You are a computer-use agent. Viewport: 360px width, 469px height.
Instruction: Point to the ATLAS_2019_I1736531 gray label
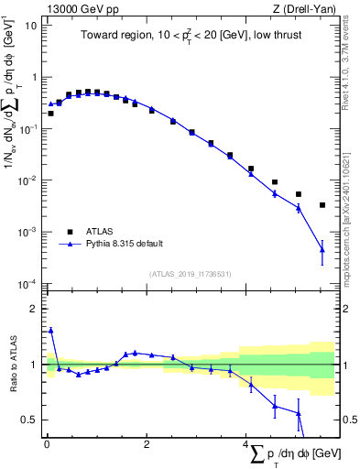(190, 273)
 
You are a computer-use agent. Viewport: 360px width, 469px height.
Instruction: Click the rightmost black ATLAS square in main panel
(322, 205)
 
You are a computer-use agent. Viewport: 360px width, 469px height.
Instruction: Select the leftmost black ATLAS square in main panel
(50, 114)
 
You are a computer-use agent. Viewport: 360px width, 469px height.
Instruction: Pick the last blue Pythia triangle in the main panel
(322, 249)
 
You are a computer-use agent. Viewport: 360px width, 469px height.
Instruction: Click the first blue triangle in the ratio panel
(50, 331)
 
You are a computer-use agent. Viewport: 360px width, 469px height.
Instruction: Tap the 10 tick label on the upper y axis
(30, 25)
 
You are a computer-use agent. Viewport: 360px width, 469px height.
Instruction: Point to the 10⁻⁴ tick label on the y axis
(27, 283)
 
